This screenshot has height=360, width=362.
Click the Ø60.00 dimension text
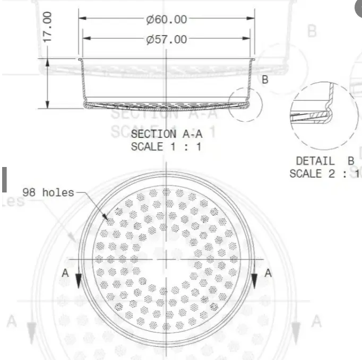167,20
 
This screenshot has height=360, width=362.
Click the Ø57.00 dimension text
167,39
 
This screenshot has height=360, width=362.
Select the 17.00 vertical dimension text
48,27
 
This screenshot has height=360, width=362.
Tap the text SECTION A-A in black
166,134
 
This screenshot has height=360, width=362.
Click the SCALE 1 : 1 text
166,147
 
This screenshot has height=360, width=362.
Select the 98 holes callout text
48,192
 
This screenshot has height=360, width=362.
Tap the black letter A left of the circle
65,273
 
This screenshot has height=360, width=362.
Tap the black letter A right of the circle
268,273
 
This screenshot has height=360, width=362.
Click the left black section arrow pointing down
79,281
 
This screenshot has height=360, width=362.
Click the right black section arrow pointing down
254,281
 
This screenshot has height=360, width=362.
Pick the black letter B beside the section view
265,80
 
